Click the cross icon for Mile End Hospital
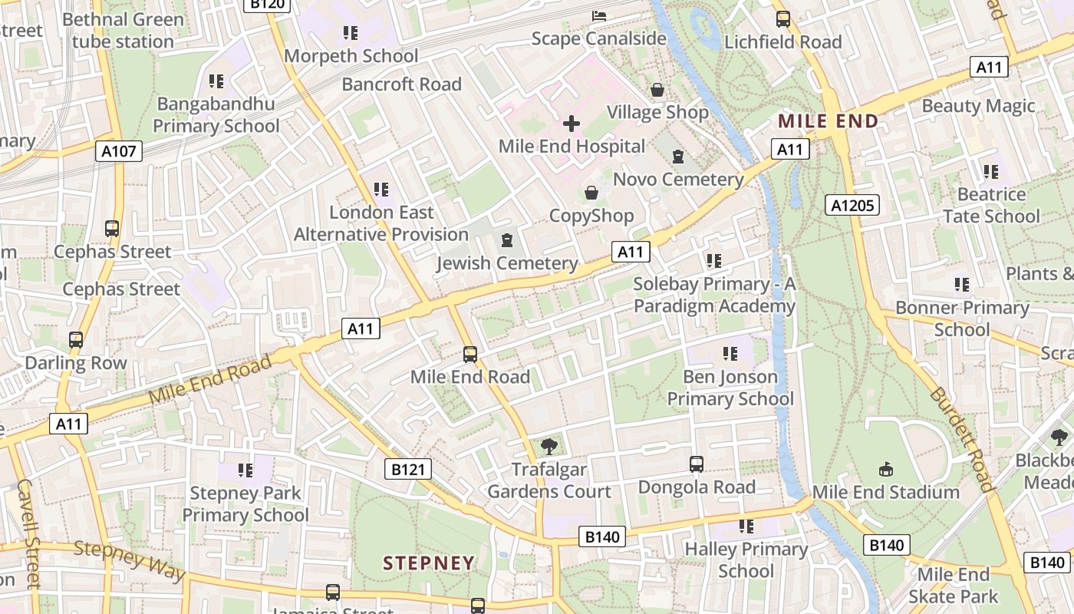click(x=572, y=123)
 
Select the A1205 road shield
click(x=852, y=205)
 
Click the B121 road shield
click(x=407, y=469)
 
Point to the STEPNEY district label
click(x=429, y=563)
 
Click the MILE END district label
click(x=828, y=121)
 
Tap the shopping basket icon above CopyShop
click(x=591, y=192)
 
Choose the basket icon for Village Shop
click(x=657, y=90)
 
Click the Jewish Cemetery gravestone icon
click(x=506, y=241)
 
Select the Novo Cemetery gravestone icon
click(x=677, y=157)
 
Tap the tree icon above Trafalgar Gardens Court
click(x=549, y=446)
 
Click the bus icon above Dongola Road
click(x=697, y=464)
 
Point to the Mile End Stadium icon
click(x=885, y=469)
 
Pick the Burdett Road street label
click(x=961, y=439)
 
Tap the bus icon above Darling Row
click(x=76, y=340)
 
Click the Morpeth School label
click(x=351, y=56)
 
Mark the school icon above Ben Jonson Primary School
click(x=730, y=354)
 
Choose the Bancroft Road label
click(x=402, y=84)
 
